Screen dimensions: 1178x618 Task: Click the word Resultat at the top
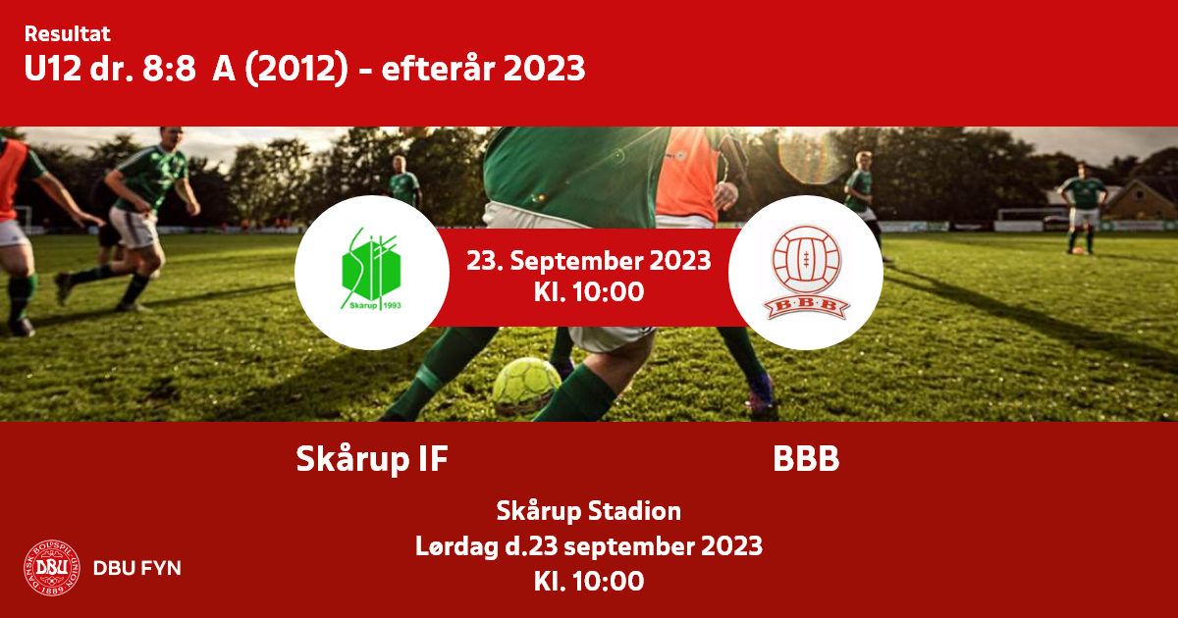point(68,34)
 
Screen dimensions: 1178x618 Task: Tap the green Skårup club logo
point(371,269)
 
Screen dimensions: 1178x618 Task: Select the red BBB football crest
point(806,273)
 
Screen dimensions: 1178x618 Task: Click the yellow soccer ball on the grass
point(526,386)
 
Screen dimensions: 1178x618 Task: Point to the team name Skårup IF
point(372,459)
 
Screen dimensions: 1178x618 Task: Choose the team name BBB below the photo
point(806,459)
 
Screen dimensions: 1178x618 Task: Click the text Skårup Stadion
point(588,511)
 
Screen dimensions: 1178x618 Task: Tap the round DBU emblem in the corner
point(52,568)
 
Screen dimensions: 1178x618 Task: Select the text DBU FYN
point(137,568)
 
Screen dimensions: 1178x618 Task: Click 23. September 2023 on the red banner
point(588,261)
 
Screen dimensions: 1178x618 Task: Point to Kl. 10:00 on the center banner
point(588,292)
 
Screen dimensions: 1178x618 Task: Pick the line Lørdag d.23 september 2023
point(588,546)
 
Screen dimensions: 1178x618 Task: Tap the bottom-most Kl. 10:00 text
point(588,581)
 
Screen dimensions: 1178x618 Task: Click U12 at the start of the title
point(53,69)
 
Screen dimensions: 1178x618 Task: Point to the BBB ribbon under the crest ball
point(806,307)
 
